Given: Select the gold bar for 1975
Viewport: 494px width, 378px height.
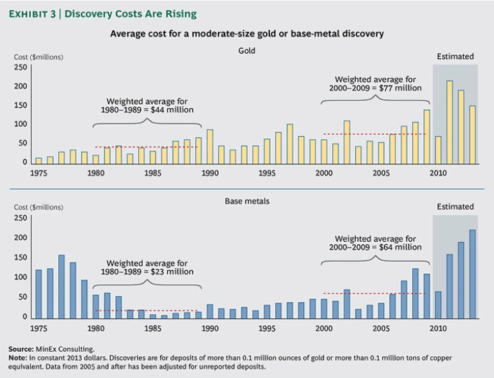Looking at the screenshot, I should (x=39, y=160).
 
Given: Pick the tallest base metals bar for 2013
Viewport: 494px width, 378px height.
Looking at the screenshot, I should (x=473, y=273).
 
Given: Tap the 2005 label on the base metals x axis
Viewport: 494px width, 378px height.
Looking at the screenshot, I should (x=381, y=327).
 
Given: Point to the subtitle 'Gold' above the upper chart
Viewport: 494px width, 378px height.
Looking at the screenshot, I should (x=247, y=50).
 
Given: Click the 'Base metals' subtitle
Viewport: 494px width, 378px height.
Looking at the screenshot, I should (x=247, y=201).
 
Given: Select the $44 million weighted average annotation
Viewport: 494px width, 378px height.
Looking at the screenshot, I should (x=147, y=105).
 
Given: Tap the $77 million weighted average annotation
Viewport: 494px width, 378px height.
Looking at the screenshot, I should (x=376, y=84).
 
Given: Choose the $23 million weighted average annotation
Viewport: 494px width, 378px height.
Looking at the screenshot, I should (x=147, y=267).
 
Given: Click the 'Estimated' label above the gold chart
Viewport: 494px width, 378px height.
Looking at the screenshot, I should (x=455, y=57).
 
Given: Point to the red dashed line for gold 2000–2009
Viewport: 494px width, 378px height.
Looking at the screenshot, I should (x=376, y=134).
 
